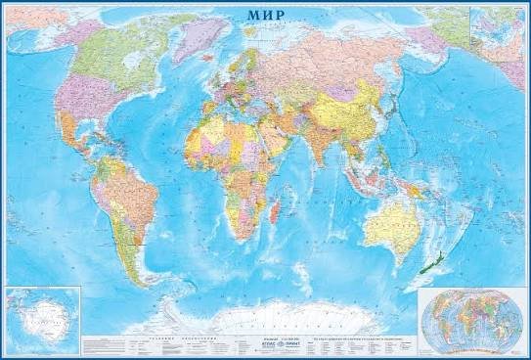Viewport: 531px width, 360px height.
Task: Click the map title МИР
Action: [266, 16]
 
